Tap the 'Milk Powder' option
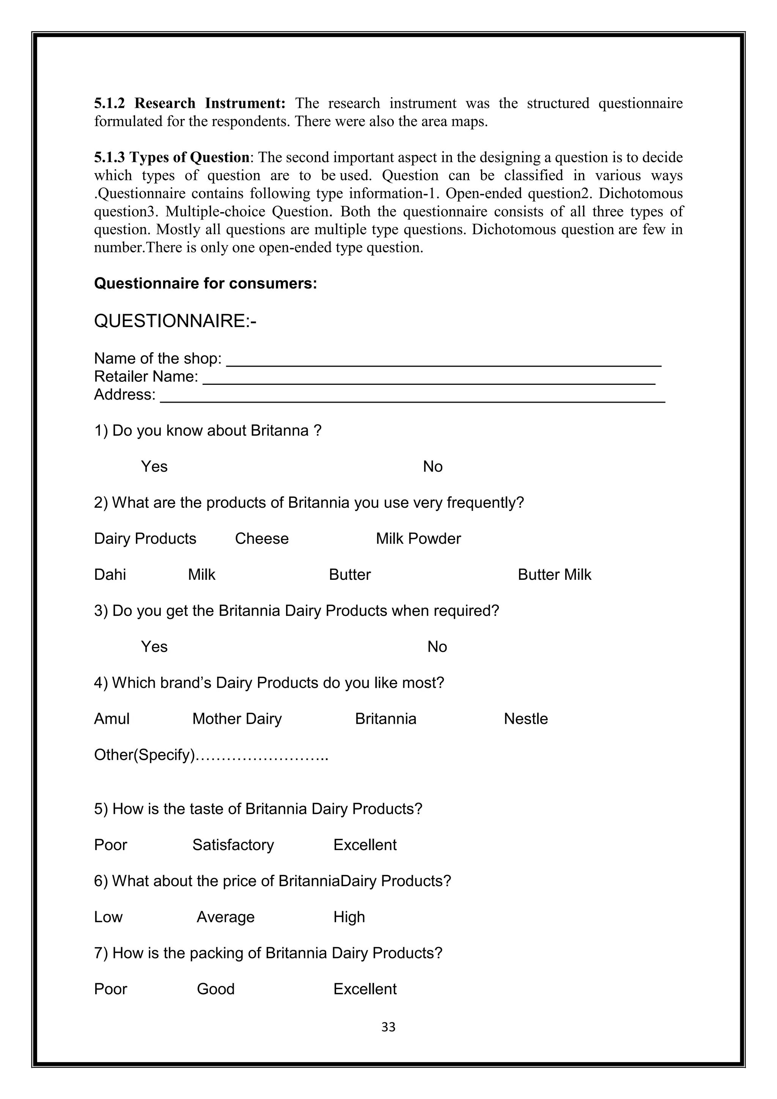418,538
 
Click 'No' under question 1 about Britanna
433,466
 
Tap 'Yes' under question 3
154,647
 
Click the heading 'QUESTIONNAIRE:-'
175,321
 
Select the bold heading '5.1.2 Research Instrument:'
189,103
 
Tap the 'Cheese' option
262,538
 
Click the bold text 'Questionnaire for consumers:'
205,283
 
